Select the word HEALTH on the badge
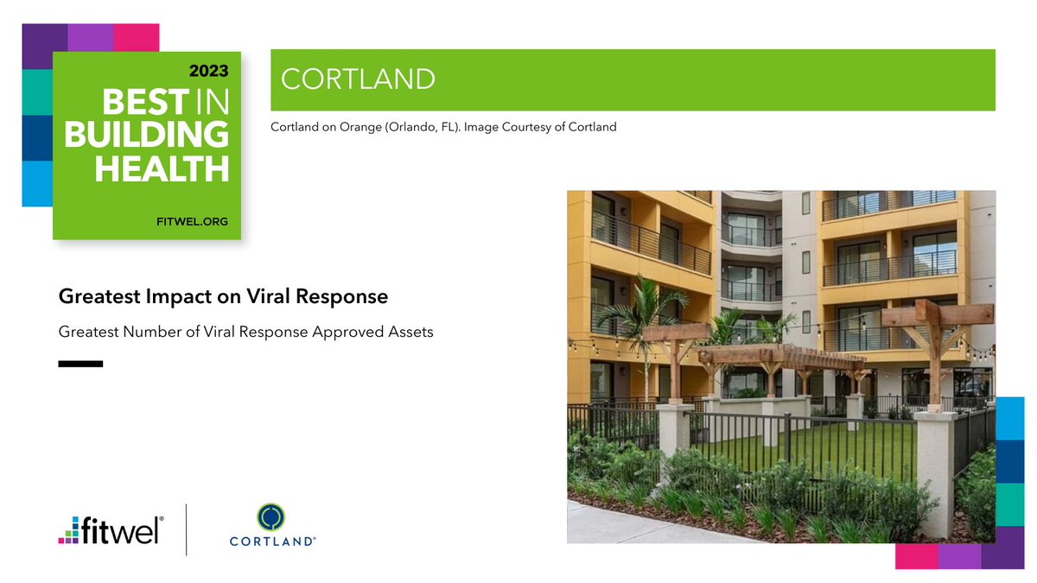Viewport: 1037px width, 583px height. pos(162,168)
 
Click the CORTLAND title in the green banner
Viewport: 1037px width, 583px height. pos(358,79)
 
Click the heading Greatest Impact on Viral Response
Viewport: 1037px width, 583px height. pos(223,296)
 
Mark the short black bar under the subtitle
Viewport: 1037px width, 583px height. pos(80,364)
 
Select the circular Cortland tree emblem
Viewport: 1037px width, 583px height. pos(272,517)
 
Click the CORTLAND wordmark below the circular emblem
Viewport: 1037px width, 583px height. pos(272,542)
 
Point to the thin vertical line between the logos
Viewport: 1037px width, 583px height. pos(187,529)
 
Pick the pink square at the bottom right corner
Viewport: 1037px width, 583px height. pos(916,556)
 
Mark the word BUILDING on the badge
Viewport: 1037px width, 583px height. pos(146,136)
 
